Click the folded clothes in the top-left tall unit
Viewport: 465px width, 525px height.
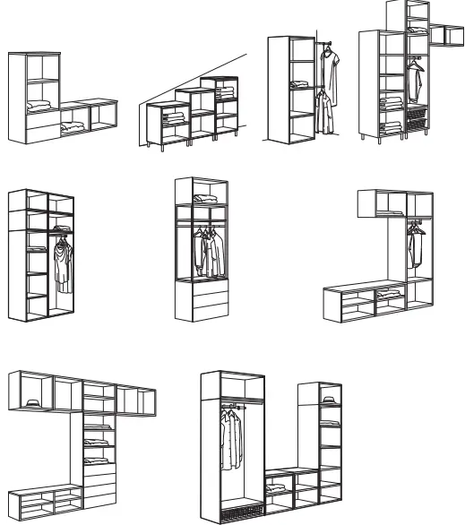[x=40, y=107]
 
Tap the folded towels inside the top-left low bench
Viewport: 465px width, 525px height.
[x=73, y=131]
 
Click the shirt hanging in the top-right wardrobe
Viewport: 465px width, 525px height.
[x=415, y=81]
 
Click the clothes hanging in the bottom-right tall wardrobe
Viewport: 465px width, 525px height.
[x=233, y=439]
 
